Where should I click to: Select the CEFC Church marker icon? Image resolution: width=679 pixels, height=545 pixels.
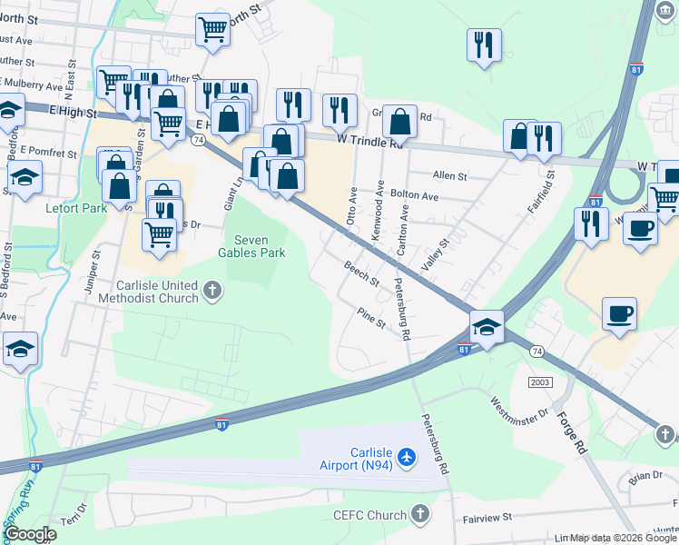pyautogui.click(x=419, y=515)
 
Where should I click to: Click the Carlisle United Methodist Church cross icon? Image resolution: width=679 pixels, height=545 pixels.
pyautogui.click(x=212, y=291)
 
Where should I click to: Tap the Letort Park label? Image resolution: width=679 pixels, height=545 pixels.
pyautogui.click(x=76, y=207)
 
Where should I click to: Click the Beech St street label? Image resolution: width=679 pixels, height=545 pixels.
pyautogui.click(x=361, y=272)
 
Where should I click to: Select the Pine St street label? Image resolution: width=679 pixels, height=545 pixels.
pyautogui.click(x=371, y=320)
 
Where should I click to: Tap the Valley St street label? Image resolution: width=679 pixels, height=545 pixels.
pyautogui.click(x=437, y=255)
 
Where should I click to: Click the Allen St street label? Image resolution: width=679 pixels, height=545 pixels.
pyautogui.click(x=449, y=175)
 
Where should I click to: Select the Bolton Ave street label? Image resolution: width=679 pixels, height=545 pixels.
pyautogui.click(x=415, y=195)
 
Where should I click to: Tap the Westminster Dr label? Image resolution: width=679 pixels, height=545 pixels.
pyautogui.click(x=520, y=405)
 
